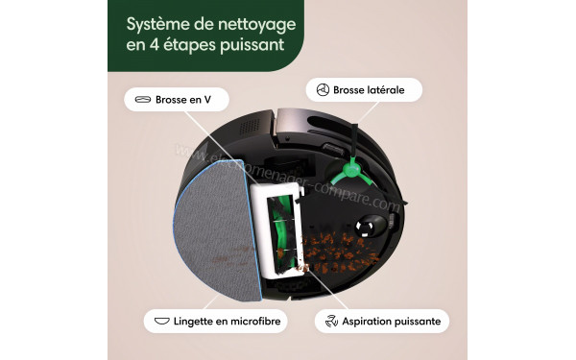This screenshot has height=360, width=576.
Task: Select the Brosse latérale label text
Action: coord(369,90)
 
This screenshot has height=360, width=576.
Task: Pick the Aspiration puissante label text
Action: coord(395,320)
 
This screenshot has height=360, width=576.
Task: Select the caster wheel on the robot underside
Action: coord(369,227)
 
